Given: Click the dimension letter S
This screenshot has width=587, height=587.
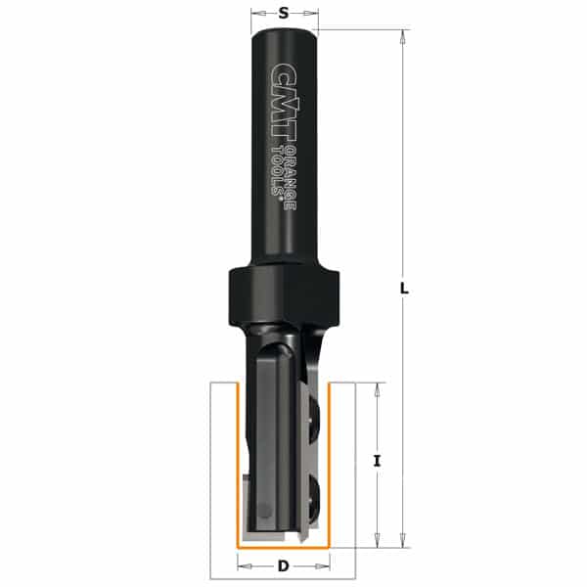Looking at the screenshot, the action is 284,14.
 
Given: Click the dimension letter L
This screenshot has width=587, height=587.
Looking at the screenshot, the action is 404,289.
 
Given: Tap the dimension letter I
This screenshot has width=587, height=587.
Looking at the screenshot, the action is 377,460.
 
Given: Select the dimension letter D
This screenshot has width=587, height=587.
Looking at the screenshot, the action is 284,565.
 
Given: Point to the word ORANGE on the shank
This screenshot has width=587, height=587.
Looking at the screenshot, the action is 290,177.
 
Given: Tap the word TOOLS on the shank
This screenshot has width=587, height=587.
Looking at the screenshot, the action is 276,170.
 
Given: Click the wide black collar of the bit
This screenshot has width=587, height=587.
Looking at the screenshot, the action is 284,295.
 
